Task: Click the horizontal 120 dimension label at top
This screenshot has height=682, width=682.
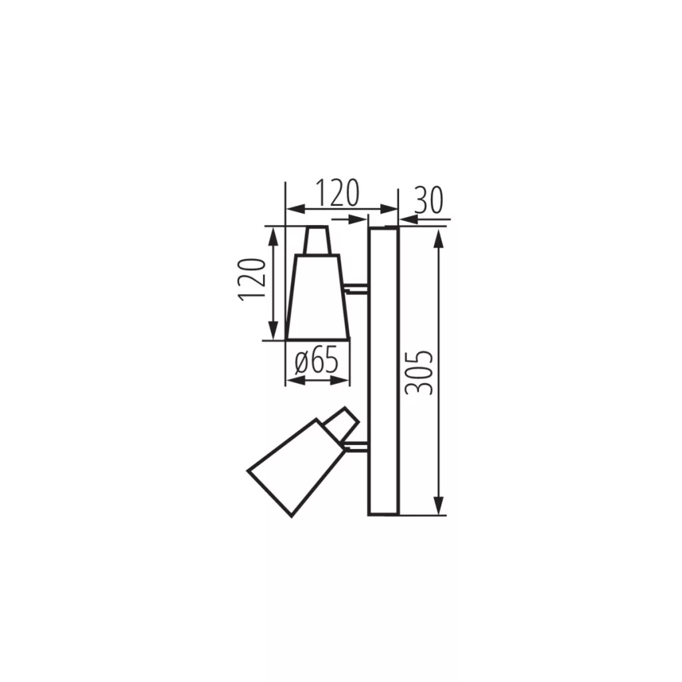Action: coord(337,192)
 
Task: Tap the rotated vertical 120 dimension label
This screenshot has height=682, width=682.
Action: coord(251,279)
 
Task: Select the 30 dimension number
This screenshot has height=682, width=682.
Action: coord(428,200)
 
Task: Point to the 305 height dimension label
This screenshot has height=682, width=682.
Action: coord(419,372)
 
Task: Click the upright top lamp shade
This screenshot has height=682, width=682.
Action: coord(318,297)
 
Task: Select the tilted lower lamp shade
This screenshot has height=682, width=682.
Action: coord(294,468)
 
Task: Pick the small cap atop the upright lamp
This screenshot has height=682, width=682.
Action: coord(317,240)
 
